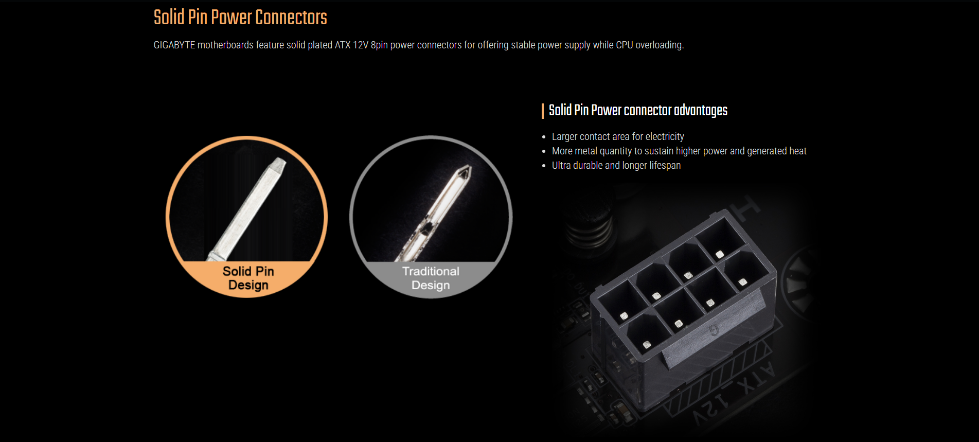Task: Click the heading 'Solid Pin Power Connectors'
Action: tap(240, 17)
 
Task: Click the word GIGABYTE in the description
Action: tap(174, 45)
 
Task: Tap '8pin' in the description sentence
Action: tap(379, 45)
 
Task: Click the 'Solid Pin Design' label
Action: tap(248, 278)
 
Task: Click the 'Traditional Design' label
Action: tap(431, 278)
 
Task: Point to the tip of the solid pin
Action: tap(280, 161)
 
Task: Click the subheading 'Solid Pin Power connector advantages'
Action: tap(638, 110)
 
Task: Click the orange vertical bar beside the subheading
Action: tap(542, 111)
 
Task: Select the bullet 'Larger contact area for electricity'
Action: tap(618, 136)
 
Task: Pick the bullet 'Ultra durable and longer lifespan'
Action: tap(616, 165)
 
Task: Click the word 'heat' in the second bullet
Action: tap(798, 151)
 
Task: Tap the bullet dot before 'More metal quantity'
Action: tap(544, 151)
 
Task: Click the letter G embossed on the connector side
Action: tap(714, 330)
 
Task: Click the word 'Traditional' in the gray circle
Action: tap(431, 271)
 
